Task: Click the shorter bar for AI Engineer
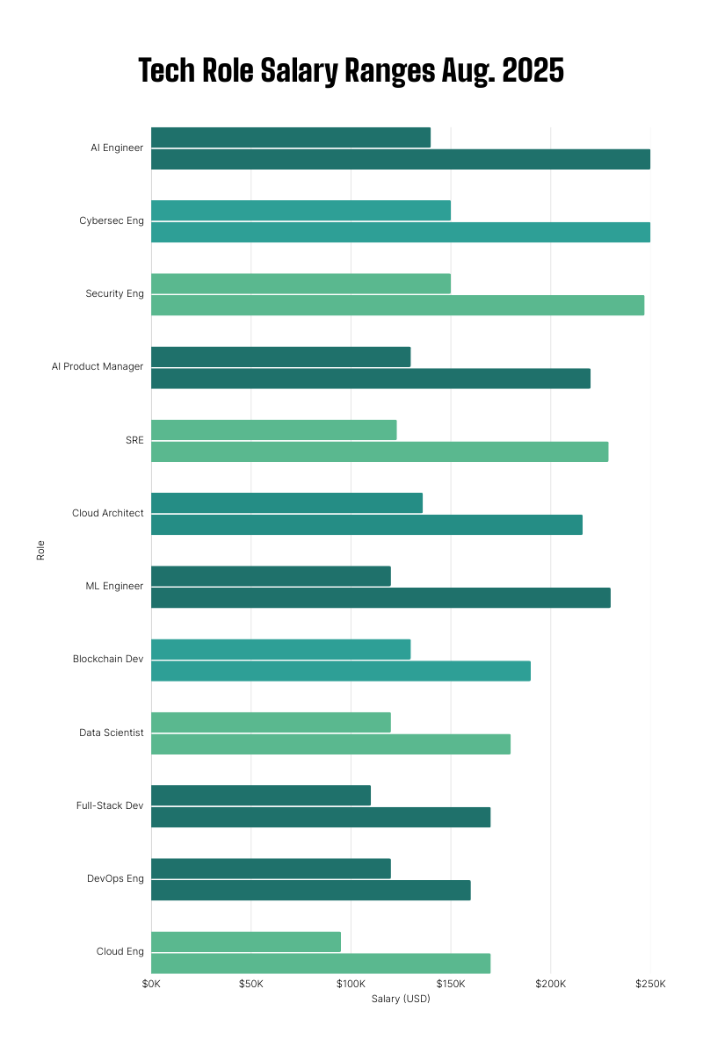291,137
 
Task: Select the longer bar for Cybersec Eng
401,232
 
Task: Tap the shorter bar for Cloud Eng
246,942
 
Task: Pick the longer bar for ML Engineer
380,598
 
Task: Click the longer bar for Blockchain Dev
341,671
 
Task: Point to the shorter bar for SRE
274,430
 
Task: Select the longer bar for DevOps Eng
311,890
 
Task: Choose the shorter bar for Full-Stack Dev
261,795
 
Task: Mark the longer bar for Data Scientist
330,744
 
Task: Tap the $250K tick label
651,984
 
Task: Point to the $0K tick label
151,984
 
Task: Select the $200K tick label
551,984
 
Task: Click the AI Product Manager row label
97,366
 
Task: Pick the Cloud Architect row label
107,513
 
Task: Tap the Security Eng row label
114,293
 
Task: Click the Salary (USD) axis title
401,1000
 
